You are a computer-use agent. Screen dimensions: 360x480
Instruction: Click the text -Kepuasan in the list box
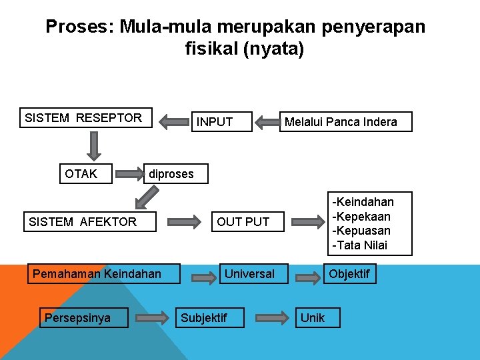362,231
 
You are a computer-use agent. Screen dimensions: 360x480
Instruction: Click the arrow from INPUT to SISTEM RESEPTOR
175,122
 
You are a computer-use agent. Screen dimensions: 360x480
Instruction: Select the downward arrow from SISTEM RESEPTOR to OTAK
95,145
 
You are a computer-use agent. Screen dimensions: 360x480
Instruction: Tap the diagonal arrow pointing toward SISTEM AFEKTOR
147,197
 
